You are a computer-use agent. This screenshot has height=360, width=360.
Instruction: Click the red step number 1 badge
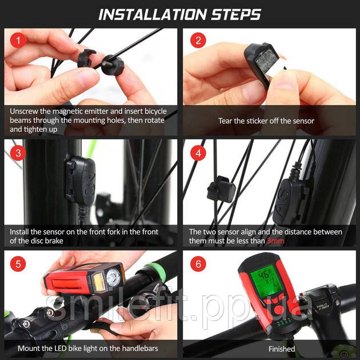pos(18,41)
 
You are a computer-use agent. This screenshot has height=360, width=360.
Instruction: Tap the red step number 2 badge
pos(198,41)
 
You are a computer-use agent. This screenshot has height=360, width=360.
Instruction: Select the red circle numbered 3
pos(18,153)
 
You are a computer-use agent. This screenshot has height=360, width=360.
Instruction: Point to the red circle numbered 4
pos(198,153)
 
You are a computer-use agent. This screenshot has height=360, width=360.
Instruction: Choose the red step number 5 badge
pos(18,264)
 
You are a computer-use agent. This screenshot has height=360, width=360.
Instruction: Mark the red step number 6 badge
pos(198,264)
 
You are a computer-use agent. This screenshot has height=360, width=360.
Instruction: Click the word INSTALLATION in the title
pos(153,15)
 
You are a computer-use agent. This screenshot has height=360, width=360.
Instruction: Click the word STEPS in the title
pos(236,15)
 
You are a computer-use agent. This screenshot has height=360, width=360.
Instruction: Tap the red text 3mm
pos(276,241)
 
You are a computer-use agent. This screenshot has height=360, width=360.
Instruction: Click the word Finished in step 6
pos(282,349)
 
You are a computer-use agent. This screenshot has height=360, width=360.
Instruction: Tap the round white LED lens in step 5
pos(113,277)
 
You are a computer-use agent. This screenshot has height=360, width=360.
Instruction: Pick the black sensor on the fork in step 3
pos(81,180)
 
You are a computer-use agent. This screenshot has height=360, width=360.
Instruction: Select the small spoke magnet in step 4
pos(221,189)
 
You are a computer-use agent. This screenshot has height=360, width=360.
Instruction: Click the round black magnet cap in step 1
pos(113,66)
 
